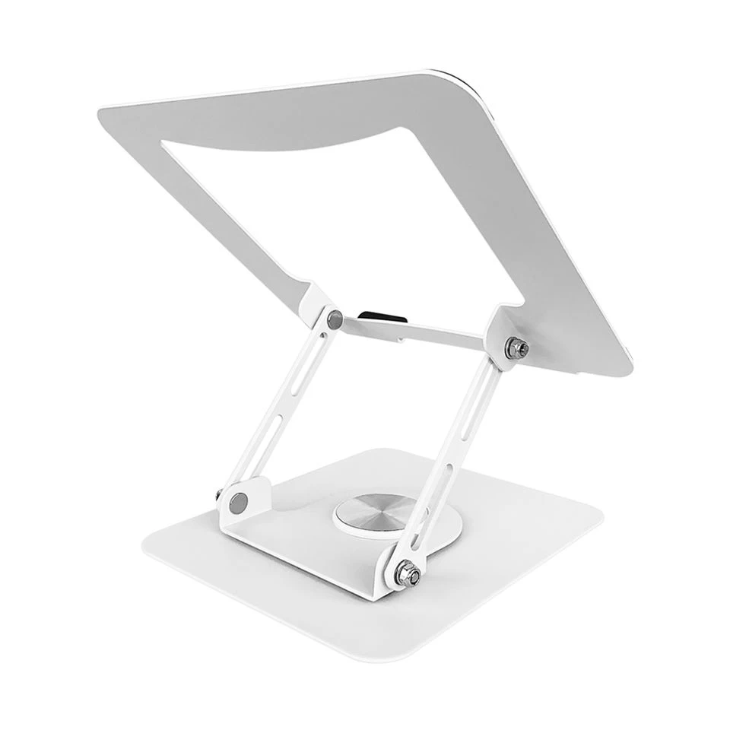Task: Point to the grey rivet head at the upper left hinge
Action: coord(332,319)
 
